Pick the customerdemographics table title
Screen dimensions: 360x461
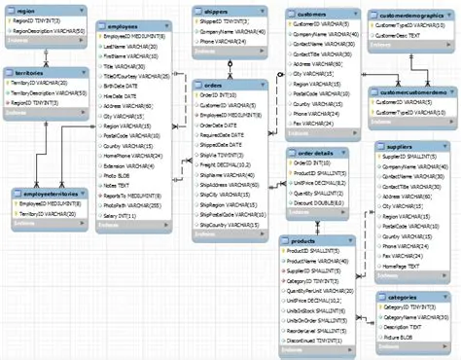click(x=406, y=17)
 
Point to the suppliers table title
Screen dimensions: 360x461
click(x=400, y=145)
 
